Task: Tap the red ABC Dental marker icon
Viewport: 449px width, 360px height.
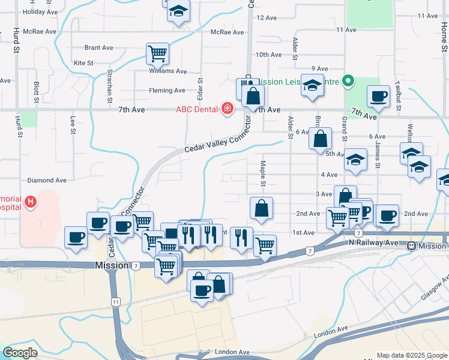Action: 228,109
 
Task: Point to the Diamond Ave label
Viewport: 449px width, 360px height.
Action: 47,180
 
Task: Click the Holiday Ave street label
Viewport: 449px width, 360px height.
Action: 40,11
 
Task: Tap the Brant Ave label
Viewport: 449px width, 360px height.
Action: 99,47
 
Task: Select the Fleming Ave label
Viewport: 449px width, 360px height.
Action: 167,91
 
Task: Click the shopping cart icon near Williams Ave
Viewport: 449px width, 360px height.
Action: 157,53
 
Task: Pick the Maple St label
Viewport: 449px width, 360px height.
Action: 263,173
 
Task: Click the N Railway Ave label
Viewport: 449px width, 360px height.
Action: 374,243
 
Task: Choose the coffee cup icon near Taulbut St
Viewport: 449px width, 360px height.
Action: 378,97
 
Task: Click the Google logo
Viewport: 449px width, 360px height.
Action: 20,353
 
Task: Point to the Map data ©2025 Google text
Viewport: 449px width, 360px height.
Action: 412,355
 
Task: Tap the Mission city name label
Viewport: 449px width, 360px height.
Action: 112,265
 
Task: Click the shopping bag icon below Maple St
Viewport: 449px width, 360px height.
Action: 262,209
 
